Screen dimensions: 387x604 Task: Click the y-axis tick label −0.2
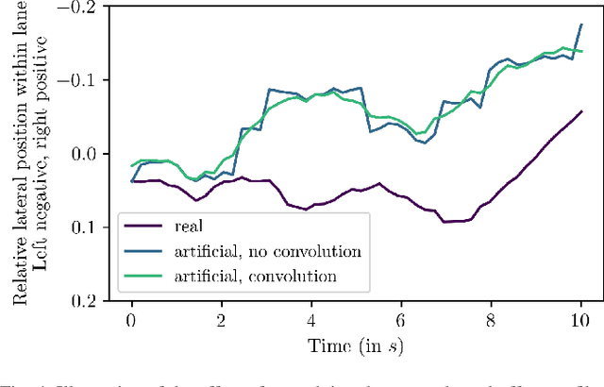pos(78,8)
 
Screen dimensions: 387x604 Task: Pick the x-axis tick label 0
pos(131,320)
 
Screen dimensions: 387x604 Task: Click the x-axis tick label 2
pos(221,320)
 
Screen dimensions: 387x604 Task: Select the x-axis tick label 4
pos(311,320)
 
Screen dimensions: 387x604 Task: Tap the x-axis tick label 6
pos(401,320)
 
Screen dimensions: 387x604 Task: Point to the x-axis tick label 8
pos(492,320)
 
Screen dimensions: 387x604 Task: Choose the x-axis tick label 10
pos(581,320)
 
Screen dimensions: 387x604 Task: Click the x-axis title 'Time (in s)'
pos(357,345)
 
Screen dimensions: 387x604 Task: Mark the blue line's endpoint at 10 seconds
pos(581,25)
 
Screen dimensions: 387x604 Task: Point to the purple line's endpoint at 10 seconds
pos(581,111)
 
